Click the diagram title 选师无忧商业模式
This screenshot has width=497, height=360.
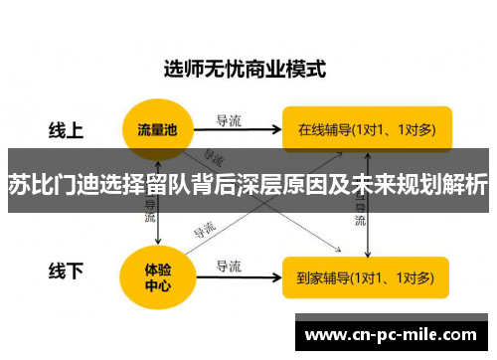pos(245,70)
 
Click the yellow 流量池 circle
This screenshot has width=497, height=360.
pos(158,128)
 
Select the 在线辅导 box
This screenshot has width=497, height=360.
pos(367,128)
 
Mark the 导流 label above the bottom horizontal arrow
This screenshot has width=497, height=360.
pos(230,266)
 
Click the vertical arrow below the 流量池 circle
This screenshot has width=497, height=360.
pos(159,224)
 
